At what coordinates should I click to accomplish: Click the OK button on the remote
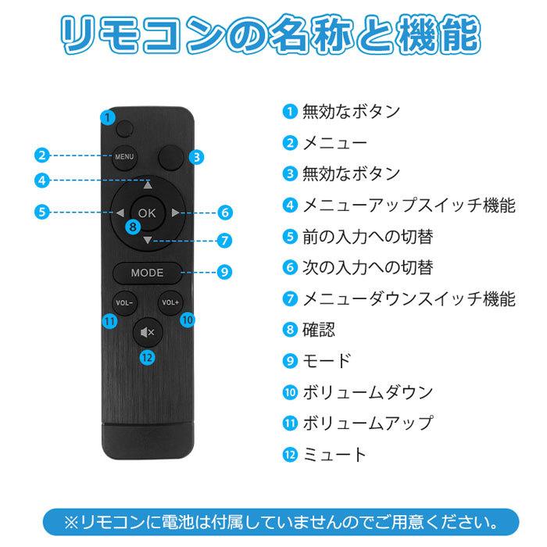point(147,212)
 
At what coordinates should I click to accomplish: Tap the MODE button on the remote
point(147,273)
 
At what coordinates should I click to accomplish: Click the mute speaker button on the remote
point(147,332)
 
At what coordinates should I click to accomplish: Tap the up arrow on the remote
point(147,186)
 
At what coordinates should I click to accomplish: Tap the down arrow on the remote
point(147,239)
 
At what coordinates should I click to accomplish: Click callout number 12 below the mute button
point(147,357)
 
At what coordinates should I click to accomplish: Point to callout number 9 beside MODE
point(223,273)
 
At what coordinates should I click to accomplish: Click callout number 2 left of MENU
point(44,156)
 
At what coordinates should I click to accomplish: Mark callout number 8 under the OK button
point(134,227)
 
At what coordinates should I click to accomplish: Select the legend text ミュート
point(334,454)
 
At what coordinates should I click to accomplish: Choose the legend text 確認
point(319,330)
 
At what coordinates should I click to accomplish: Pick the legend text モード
point(327,361)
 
